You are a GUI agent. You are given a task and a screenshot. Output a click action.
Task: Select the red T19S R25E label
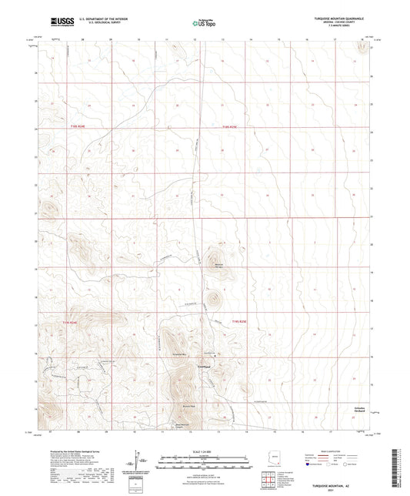pos(242,321)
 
